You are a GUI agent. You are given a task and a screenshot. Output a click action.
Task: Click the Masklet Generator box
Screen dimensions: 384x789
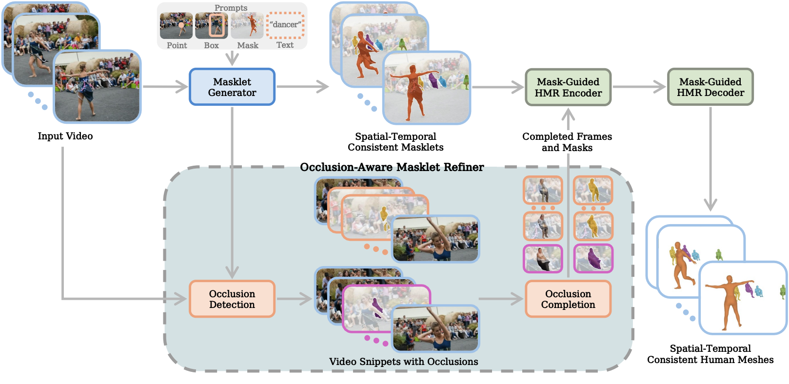coord(232,87)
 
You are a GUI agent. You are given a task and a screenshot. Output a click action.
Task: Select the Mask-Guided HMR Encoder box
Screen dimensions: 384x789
coord(568,87)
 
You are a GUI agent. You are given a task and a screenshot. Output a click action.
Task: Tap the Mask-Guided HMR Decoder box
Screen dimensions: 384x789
coord(710,87)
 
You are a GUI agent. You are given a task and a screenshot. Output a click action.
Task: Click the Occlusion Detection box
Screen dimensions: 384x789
coord(232,299)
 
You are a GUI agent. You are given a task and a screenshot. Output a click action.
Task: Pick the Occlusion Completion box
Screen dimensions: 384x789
coord(568,299)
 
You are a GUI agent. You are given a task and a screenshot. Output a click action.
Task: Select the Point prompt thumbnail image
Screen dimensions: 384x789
coord(176,26)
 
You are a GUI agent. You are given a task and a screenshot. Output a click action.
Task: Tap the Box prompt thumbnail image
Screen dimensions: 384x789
coord(212,26)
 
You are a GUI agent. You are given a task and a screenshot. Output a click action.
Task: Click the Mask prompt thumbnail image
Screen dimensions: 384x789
coord(247,26)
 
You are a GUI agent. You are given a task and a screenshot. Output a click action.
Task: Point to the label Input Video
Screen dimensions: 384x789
coord(65,136)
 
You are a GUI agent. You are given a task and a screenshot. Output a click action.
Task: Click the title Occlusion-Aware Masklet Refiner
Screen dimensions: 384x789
coord(392,168)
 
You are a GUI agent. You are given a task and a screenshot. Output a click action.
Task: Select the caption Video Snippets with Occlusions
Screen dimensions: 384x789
coord(403,362)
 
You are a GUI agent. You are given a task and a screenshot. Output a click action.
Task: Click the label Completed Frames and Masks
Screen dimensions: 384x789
coord(567,142)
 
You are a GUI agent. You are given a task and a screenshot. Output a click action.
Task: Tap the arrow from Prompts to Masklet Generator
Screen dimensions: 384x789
coord(232,58)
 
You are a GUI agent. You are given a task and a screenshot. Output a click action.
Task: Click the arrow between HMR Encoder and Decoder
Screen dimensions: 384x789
coord(639,87)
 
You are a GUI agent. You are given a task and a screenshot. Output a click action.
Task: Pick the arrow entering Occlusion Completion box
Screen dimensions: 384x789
coord(501,299)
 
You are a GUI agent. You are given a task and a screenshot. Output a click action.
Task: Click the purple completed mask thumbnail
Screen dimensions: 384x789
coord(593,258)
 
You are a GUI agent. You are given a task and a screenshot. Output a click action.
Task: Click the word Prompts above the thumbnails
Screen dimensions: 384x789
coord(231,8)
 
